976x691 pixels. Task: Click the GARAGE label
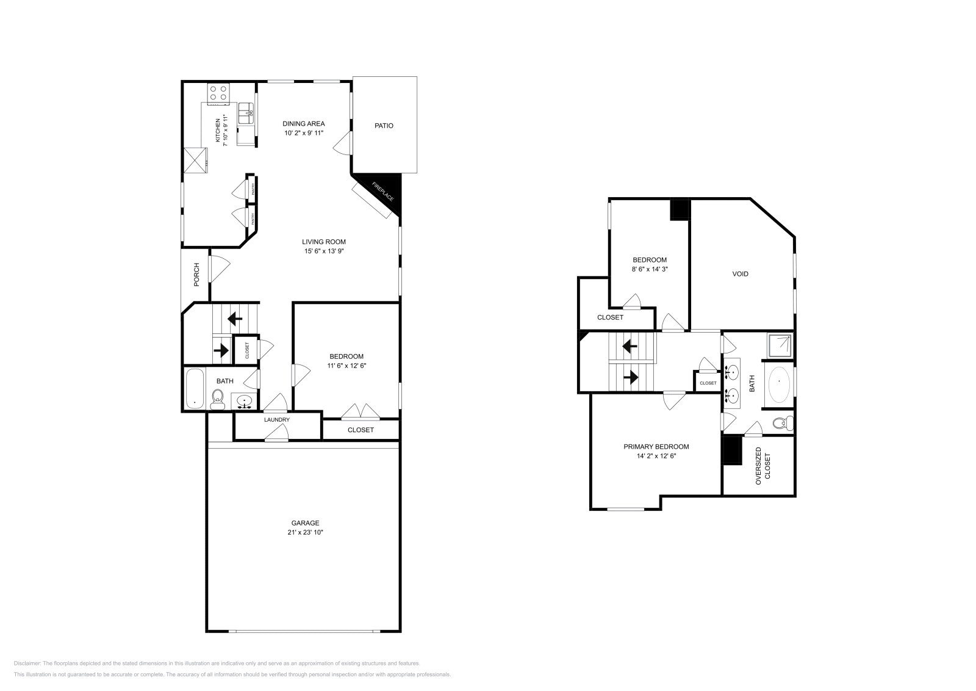(x=305, y=523)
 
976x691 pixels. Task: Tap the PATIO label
(x=384, y=126)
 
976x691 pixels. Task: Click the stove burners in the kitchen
(x=218, y=93)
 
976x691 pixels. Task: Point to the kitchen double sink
(x=246, y=110)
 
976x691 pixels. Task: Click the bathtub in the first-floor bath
(x=195, y=388)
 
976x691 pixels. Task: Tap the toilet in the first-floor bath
(x=218, y=400)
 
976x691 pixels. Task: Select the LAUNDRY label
(x=276, y=420)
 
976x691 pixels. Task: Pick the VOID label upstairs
(x=740, y=274)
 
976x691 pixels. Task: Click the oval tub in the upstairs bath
(x=779, y=384)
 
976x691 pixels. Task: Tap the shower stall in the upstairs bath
(x=780, y=345)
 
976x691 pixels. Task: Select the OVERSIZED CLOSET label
(x=762, y=466)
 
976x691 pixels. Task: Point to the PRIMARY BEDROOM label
(x=656, y=447)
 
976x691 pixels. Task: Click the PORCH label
(x=196, y=274)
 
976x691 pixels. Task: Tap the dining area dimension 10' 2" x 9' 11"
(x=303, y=132)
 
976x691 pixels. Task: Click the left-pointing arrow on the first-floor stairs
(x=234, y=318)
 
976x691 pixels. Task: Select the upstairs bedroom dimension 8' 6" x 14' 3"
(x=649, y=269)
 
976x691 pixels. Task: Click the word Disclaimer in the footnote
(x=27, y=663)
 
